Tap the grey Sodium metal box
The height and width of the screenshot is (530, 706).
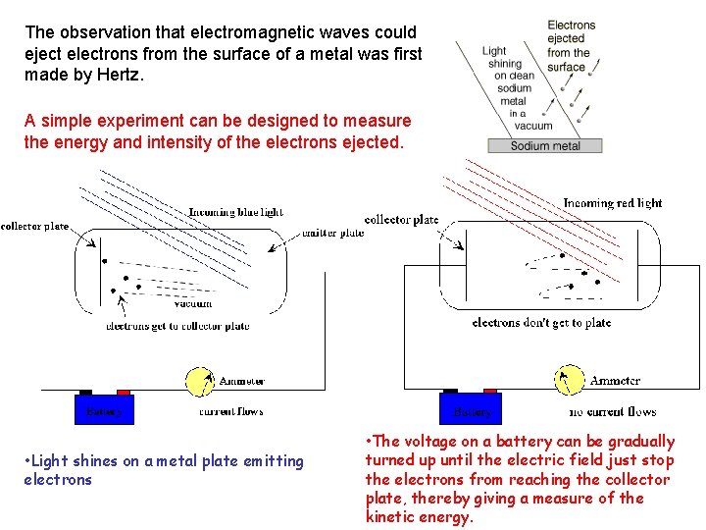(x=545, y=146)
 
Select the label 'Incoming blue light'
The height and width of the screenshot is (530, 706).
(x=235, y=212)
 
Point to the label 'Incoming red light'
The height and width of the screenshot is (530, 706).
(x=612, y=204)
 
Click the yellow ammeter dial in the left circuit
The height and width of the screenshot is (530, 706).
(x=200, y=381)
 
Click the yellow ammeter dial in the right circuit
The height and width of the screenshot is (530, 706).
(x=570, y=380)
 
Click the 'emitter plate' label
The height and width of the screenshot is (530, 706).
(x=332, y=233)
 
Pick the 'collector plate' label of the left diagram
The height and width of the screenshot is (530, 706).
(x=35, y=226)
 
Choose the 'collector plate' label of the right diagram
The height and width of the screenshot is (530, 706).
(x=401, y=220)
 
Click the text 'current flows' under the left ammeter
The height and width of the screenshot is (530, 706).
(x=230, y=411)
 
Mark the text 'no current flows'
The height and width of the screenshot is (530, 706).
(x=612, y=411)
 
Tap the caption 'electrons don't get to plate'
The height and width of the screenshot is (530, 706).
(x=541, y=322)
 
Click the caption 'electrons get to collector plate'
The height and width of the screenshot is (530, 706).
(x=177, y=326)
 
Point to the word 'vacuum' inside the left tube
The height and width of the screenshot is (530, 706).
(x=192, y=303)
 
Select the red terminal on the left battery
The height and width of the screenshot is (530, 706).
(x=123, y=392)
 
